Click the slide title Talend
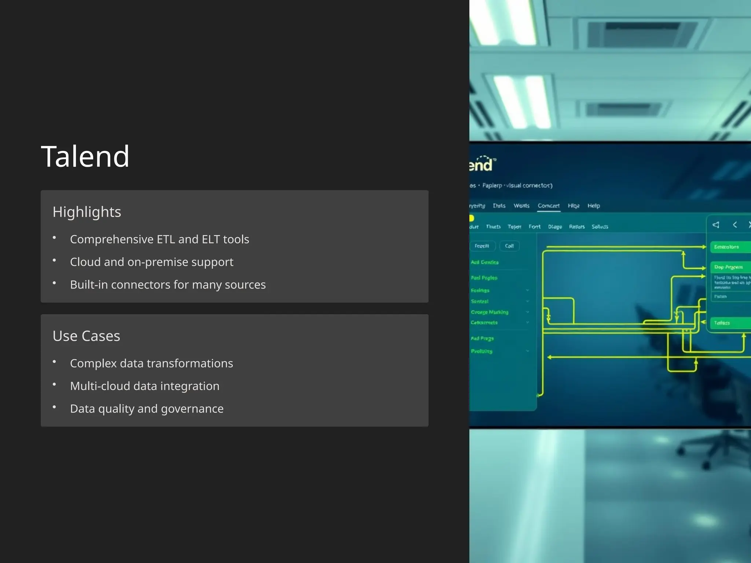[85, 157]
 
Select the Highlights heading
[87, 212]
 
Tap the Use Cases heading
[86, 336]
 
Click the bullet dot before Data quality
[54, 407]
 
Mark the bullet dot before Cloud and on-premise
[54, 260]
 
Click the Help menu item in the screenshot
[594, 206]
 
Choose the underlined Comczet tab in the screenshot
[549, 206]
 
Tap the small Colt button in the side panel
[509, 246]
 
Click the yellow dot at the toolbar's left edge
[472, 218]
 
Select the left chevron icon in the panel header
[735, 225]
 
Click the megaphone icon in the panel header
[716, 225]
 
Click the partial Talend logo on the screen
[481, 164]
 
